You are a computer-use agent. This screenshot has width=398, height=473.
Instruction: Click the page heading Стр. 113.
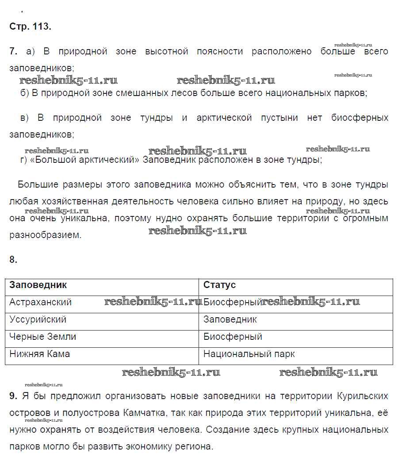(x=30, y=26)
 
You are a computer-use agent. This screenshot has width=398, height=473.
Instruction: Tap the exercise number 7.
(x=13, y=51)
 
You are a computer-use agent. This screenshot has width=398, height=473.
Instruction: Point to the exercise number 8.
(x=13, y=260)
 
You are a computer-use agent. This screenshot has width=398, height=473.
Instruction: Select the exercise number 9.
(x=13, y=396)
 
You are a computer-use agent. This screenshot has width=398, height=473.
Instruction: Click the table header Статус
(x=219, y=285)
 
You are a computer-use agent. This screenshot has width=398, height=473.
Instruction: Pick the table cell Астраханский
(x=40, y=302)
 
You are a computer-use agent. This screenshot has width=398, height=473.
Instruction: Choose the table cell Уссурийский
(x=38, y=319)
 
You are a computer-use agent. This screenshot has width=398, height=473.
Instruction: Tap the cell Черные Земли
(x=42, y=337)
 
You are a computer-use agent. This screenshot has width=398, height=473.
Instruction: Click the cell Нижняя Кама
(x=39, y=354)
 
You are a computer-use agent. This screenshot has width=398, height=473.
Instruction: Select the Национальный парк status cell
(x=249, y=354)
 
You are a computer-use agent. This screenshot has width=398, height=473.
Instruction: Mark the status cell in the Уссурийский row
(x=230, y=319)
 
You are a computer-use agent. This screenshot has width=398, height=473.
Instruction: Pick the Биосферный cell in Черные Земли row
(x=233, y=337)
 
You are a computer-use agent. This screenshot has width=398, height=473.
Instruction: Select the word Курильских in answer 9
(x=362, y=396)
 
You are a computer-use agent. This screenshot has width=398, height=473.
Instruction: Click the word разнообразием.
(x=46, y=235)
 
